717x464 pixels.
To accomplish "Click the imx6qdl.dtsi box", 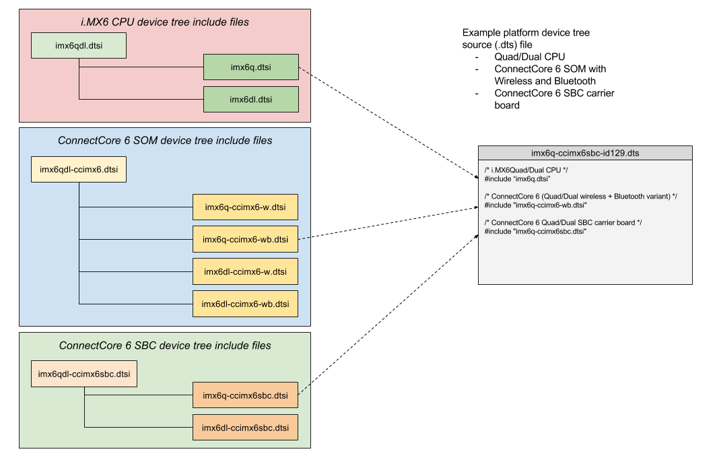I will pyautogui.click(x=79, y=46).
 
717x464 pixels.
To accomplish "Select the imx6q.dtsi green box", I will pyautogui.click(x=250, y=67).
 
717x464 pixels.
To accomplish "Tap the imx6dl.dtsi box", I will pyautogui.click(x=250, y=100).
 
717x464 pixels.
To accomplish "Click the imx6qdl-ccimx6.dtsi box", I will pyautogui.click(x=79, y=170).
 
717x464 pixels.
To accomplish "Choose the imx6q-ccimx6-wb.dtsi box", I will pyautogui.click(x=245, y=239).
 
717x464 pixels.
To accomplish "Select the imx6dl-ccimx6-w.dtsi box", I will pyautogui.click(x=245, y=271).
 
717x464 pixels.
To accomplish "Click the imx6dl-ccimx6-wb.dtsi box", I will pyautogui.click(x=245, y=304).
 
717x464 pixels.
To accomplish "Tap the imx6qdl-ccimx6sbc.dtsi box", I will pyautogui.click(x=84, y=374).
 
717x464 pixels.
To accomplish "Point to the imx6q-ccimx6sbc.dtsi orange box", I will pyautogui.click(x=245, y=395).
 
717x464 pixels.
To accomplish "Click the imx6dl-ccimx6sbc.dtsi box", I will pyautogui.click(x=245, y=428).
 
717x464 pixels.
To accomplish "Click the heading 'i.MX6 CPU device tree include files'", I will pyautogui.click(x=165, y=23).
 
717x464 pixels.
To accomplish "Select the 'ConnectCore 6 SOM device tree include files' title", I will pyautogui.click(x=165, y=141).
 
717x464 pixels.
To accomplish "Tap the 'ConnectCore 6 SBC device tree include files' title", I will pyautogui.click(x=165, y=345).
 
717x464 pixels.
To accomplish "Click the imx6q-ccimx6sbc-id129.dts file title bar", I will pyautogui.click(x=585, y=153).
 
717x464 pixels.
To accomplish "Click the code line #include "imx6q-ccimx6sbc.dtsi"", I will pyautogui.click(x=535, y=231).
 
